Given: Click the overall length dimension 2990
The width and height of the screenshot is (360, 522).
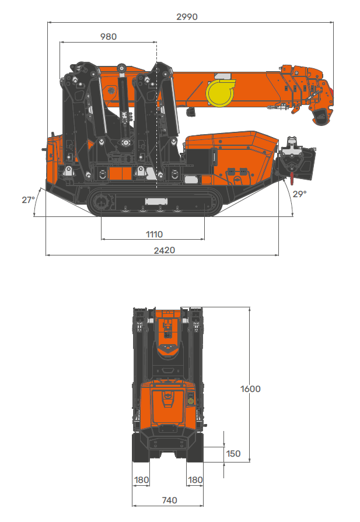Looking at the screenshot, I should pos(187,17).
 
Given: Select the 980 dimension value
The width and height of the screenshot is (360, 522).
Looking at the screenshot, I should pos(109,37).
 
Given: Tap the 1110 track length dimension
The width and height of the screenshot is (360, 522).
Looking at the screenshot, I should pos(154,234).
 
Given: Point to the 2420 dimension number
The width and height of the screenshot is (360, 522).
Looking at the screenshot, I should pos(164,250).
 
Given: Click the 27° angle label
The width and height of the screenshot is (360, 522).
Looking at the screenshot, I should pos(29,199).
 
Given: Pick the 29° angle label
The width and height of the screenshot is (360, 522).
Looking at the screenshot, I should pos(299,194).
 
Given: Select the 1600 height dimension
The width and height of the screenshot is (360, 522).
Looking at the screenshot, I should pos(250,389).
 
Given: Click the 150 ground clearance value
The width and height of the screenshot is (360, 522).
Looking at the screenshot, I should pos(233,454).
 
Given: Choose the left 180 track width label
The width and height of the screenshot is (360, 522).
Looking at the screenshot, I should pos(141,480).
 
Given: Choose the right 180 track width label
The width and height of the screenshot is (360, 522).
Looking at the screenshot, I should pos(195,480).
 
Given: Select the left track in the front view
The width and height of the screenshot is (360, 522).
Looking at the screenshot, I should pos(141,449).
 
